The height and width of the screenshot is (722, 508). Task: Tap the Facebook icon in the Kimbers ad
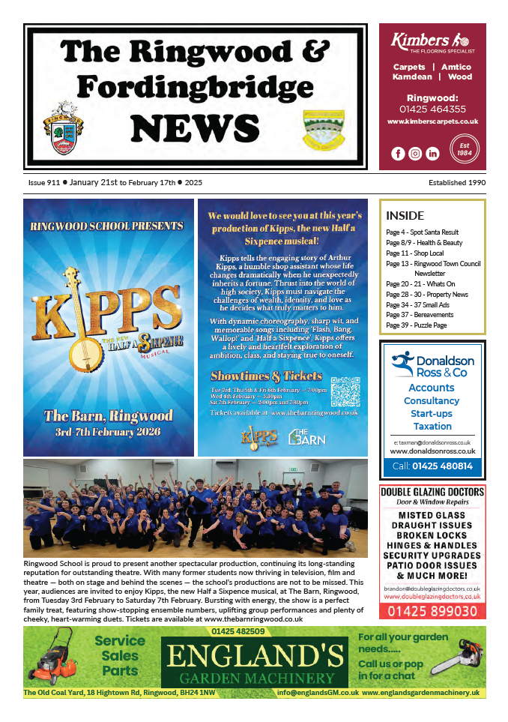pos(399,154)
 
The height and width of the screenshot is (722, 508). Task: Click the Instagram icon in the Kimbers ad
pos(415,154)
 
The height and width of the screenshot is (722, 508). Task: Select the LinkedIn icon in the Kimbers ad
pos(432,154)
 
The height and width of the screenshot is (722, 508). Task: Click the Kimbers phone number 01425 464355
pos(432,109)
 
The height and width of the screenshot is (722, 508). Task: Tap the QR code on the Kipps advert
pos(345,391)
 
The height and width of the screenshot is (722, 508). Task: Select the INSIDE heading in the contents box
pos(405,216)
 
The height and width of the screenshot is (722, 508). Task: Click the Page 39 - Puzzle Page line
pos(416,326)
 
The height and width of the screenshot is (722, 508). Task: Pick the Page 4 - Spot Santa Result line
pos(422,232)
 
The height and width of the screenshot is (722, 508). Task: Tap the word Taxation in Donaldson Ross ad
pos(432,426)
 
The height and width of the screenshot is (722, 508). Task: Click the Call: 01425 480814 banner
pos(432,466)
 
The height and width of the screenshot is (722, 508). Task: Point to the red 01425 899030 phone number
pos(432,612)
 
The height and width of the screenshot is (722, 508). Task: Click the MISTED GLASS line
pos(432,516)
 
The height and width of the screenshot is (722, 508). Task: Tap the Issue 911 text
pos(43,183)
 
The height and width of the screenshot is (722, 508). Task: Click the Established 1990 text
pos(457,183)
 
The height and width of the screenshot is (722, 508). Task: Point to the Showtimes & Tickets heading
pos(267,376)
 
